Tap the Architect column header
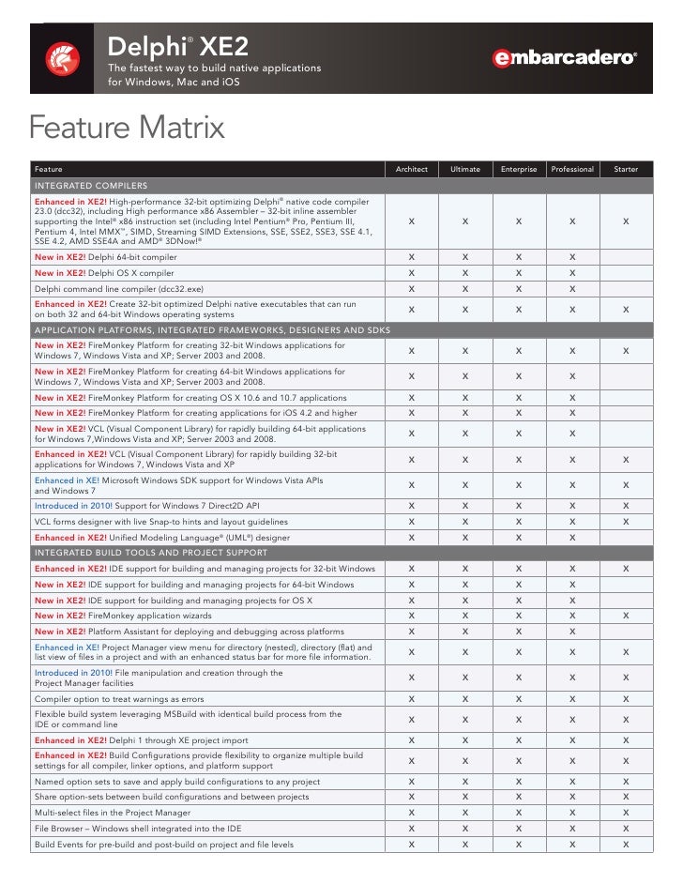point(412,169)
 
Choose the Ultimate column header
point(465,169)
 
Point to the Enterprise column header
point(519,169)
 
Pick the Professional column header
point(572,169)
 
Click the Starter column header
point(626,169)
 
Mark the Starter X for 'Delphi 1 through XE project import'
point(626,739)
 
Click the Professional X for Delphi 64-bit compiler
point(572,256)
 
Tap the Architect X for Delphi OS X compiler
point(412,272)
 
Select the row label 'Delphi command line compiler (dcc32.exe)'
point(118,288)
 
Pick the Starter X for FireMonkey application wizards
point(626,616)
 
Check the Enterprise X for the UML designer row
point(519,537)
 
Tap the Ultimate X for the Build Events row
point(465,845)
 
